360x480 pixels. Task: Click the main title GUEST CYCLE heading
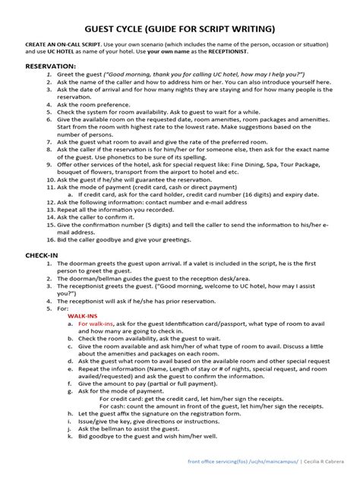tap(180, 29)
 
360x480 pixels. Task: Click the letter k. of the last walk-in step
tap(70, 437)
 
